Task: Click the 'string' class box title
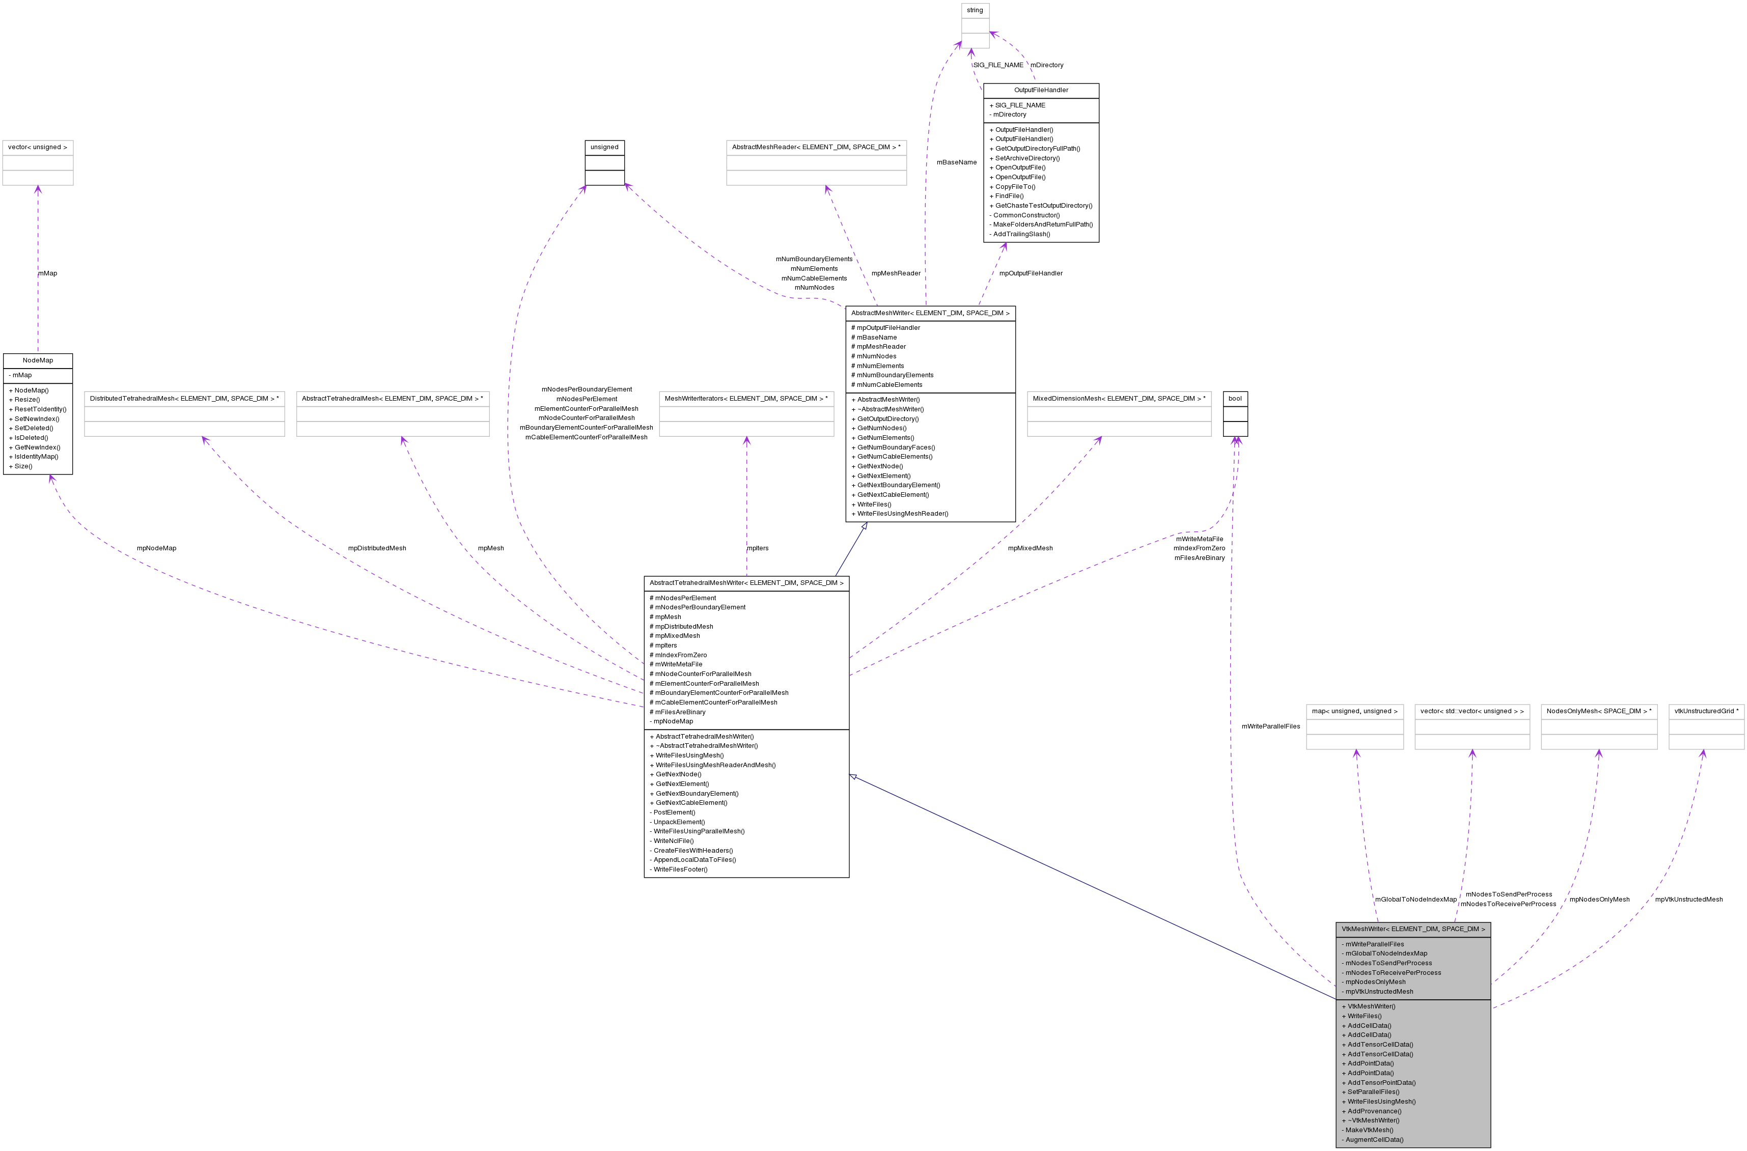click(975, 10)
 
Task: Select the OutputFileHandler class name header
click(1041, 90)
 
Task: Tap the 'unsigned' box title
click(604, 148)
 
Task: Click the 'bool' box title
click(1235, 399)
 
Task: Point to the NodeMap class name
click(38, 360)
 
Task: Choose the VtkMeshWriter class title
click(1413, 930)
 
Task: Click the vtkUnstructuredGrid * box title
click(1706, 711)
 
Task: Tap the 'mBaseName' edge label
click(956, 162)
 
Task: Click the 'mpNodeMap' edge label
click(156, 548)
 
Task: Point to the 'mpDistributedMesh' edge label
click(377, 548)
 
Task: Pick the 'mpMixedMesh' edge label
click(1030, 548)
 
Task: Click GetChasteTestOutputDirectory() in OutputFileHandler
click(1043, 206)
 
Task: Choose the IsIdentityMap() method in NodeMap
click(36, 457)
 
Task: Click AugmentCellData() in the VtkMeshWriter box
click(1374, 1140)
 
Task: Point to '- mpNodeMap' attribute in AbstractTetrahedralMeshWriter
click(673, 721)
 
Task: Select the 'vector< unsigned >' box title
click(38, 148)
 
